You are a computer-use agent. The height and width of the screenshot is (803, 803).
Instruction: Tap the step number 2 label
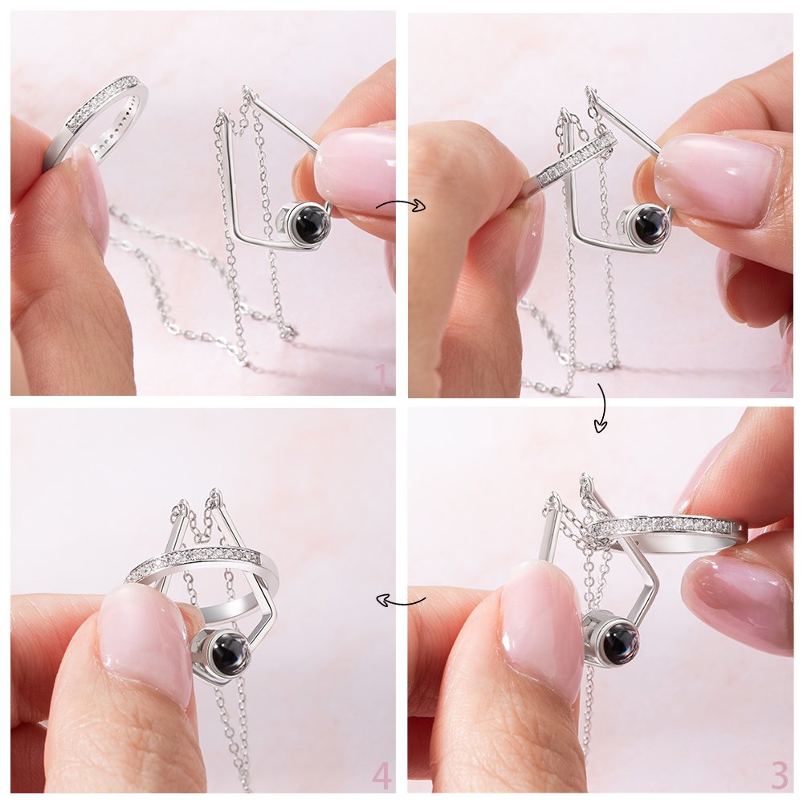(781, 379)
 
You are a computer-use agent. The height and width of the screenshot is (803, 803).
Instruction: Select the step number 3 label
(779, 776)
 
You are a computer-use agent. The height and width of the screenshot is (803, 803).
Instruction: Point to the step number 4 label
(382, 776)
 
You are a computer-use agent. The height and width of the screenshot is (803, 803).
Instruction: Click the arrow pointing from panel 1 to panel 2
(401, 206)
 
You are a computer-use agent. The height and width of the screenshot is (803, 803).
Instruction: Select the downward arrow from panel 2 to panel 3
(601, 406)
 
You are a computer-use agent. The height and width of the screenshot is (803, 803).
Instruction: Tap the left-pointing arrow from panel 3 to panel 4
(401, 600)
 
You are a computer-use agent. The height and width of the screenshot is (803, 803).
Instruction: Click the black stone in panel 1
(310, 223)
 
